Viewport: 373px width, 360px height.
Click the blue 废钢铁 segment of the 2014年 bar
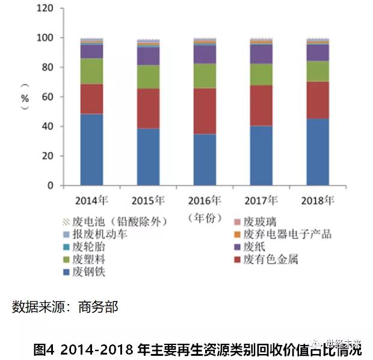tap(91, 149)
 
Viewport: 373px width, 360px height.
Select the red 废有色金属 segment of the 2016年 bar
tap(196, 111)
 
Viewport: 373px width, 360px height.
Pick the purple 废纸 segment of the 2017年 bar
tap(253, 54)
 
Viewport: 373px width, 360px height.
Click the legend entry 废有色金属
tap(270, 259)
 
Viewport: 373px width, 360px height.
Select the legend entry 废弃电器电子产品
tap(287, 234)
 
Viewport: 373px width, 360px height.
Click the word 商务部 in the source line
tap(98, 307)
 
